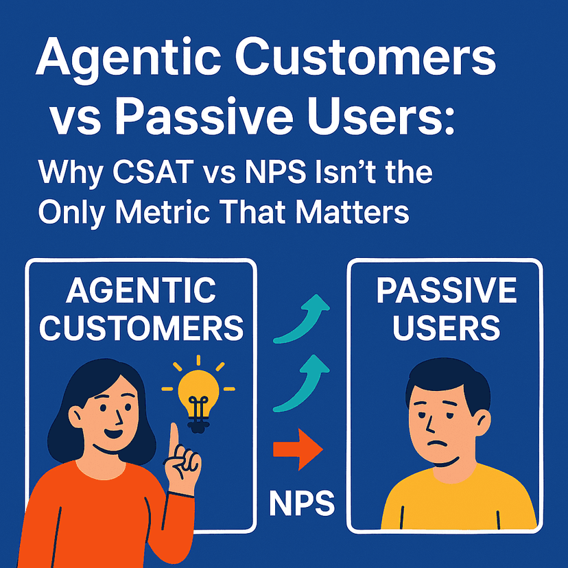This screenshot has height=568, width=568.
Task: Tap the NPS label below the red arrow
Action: (301, 503)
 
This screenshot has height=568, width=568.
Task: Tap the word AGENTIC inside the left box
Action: (141, 292)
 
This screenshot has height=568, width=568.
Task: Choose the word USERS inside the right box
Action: (446, 329)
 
